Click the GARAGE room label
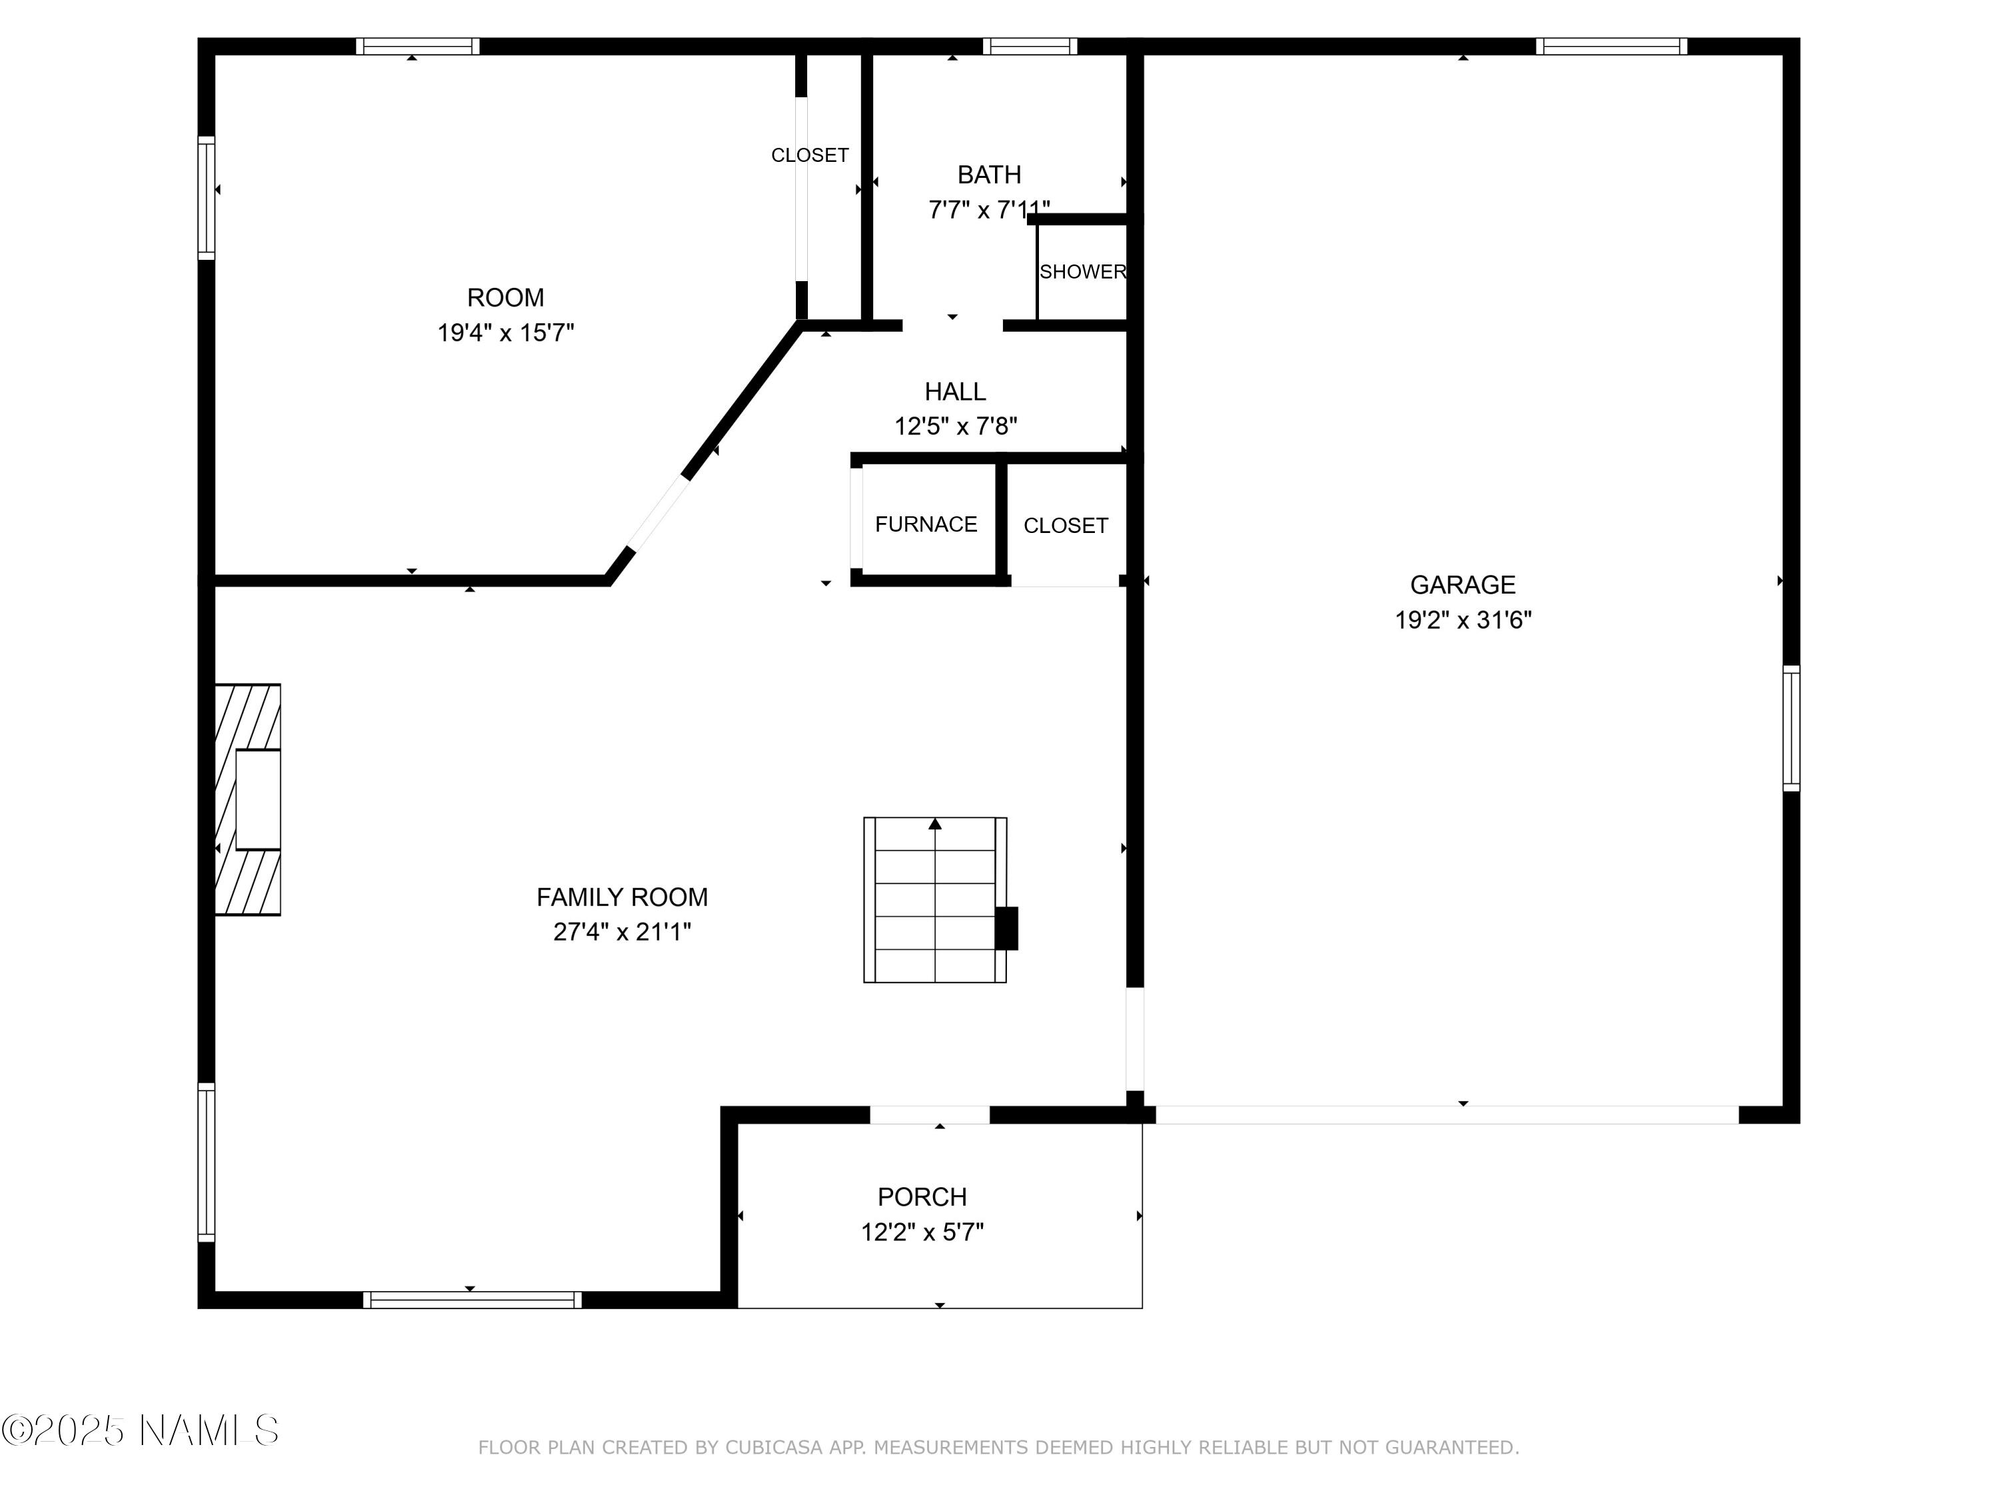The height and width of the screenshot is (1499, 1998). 1463,584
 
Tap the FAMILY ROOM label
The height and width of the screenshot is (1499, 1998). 622,897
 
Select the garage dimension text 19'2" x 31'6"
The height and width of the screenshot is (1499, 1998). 1463,620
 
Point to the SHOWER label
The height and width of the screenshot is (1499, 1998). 1083,272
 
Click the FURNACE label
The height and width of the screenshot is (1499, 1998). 926,524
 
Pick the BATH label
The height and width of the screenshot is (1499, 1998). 989,175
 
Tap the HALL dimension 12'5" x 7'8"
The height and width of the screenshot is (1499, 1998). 956,426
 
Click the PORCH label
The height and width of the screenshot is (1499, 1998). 922,1197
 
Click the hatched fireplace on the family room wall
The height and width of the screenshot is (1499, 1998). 248,799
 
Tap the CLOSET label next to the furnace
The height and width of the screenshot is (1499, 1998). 1066,526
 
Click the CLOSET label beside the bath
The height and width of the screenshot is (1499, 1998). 809,155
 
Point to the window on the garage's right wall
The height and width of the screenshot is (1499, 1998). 1791,728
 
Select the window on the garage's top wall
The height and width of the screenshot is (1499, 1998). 1612,46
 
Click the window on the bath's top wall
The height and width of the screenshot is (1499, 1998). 1030,46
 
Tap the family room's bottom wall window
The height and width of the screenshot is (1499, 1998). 472,1299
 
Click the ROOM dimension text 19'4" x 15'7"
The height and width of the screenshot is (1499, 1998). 505,332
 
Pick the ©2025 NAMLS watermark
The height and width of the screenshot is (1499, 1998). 140,1430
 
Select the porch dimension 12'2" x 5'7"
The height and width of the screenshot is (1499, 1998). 922,1233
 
